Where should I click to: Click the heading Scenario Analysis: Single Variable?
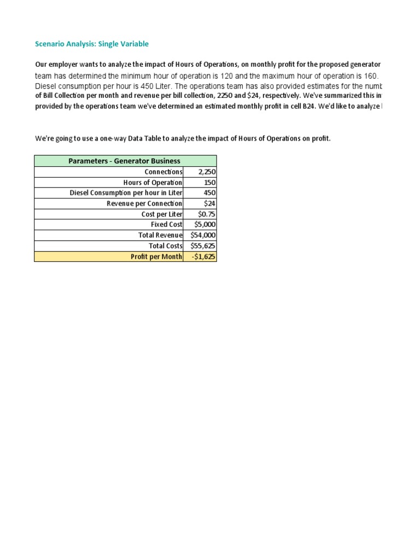(91, 44)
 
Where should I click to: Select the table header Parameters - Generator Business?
(124, 161)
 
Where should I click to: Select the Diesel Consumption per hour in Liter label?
(126, 192)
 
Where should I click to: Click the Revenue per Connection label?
(144, 203)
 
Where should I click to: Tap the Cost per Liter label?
(162, 214)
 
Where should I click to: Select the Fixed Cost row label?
(166, 224)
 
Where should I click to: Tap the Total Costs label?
(165, 246)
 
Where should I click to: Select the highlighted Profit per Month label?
(156, 256)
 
